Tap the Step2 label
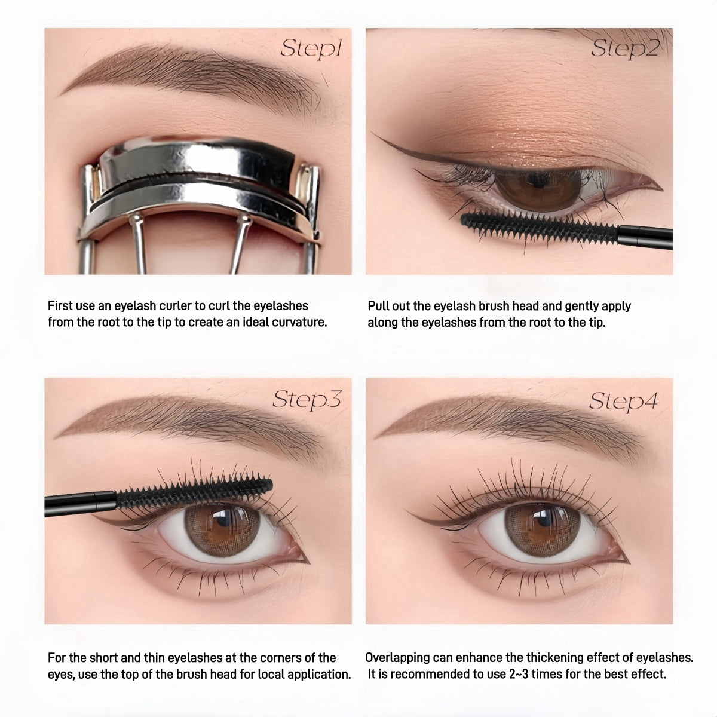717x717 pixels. (624, 48)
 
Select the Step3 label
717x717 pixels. (306, 399)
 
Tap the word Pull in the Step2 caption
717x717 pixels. (379, 306)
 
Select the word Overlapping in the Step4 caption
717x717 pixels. (397, 658)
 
